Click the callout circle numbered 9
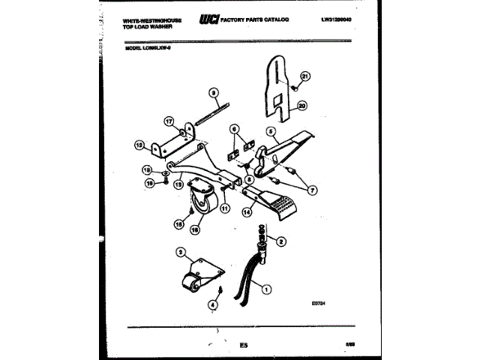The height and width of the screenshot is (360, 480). coord(213,94)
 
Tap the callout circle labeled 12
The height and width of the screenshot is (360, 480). coord(139,147)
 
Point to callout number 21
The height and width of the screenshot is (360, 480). coord(305,76)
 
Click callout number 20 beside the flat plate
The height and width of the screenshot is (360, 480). coord(302,106)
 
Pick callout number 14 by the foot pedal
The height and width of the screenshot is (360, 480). coord(246,213)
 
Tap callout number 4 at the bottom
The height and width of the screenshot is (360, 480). coord(214,304)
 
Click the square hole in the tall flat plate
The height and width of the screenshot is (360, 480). coord(277,98)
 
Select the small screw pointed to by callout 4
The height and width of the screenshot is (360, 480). coord(218,290)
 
